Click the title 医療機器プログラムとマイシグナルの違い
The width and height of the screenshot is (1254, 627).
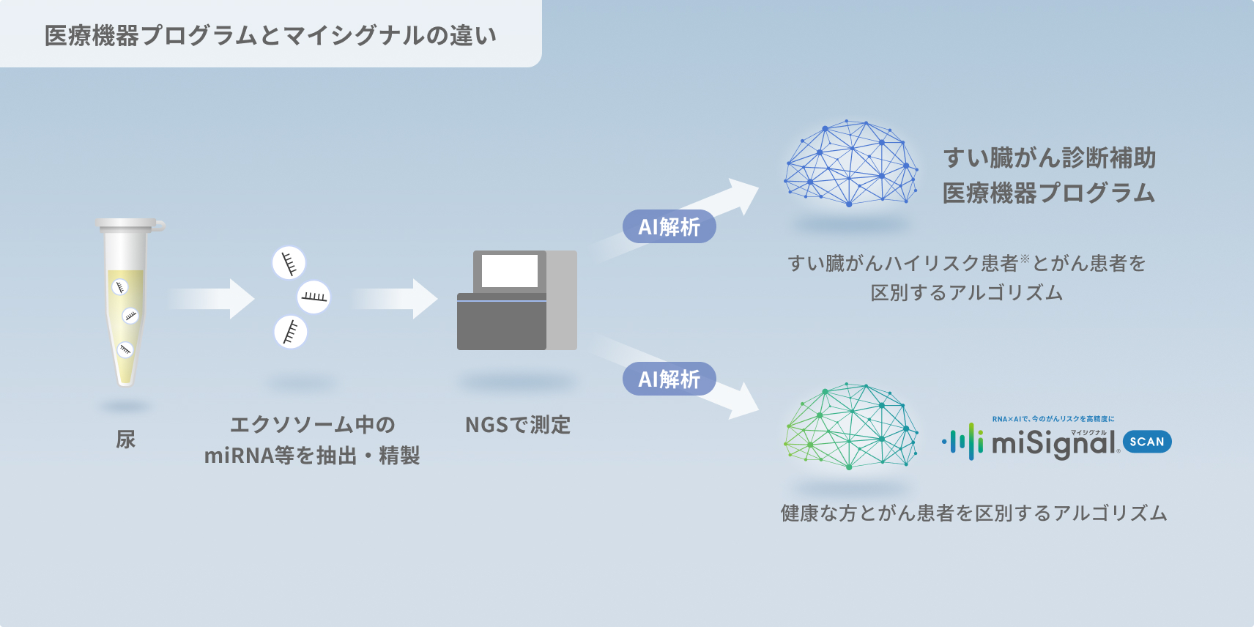[x=270, y=35]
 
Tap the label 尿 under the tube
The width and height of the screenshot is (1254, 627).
[x=126, y=439]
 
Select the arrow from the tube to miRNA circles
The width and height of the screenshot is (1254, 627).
[x=212, y=299]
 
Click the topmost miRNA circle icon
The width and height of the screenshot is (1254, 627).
[x=289, y=263]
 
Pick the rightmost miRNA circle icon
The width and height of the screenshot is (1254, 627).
[x=314, y=297]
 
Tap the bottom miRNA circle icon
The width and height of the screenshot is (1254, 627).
[x=290, y=332]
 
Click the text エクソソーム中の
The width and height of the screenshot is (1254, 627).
[x=313, y=425]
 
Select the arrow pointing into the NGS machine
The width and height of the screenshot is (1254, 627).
[x=396, y=299]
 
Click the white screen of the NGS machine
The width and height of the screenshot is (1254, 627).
[x=510, y=271]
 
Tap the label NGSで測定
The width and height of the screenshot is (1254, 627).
[x=518, y=425]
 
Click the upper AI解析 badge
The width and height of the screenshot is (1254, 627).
[x=669, y=227]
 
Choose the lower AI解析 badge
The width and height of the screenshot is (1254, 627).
[x=669, y=379]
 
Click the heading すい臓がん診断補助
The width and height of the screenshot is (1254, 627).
[x=1049, y=157]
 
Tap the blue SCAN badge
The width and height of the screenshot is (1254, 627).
[x=1147, y=442]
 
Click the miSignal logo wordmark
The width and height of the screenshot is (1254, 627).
[x=1055, y=443]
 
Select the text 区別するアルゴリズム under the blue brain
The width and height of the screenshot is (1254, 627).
[x=966, y=293]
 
